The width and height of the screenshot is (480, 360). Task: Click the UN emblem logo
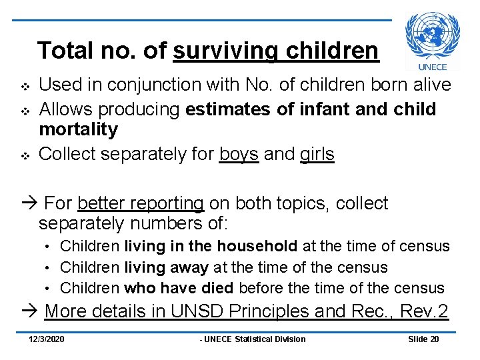pos(433,35)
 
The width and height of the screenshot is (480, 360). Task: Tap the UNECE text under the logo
pos(433,66)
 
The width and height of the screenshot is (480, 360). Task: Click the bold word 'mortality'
pos(78,129)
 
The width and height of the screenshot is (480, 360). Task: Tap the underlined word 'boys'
pos(239,154)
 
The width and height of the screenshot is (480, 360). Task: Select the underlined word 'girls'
pos(317,154)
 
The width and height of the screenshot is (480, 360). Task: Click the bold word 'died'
pos(217,288)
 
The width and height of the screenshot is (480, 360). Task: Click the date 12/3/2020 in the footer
pos(47,339)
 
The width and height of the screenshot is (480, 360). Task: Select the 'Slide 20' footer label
pos(423,339)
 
